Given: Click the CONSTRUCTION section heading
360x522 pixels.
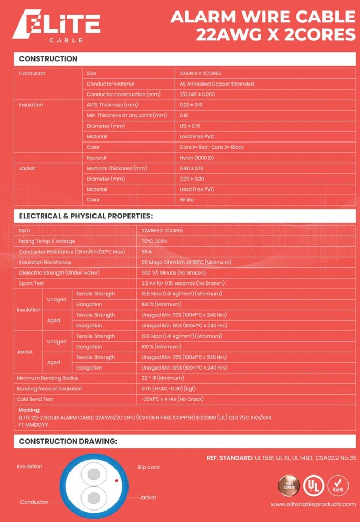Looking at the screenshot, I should (x=48, y=59).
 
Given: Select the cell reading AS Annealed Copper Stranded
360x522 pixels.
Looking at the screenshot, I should (x=216, y=84).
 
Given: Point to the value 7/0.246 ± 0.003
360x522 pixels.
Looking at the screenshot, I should (x=198, y=94).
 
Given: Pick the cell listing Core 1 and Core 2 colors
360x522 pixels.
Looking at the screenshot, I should (x=212, y=147).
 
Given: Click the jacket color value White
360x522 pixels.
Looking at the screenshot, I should (x=187, y=200).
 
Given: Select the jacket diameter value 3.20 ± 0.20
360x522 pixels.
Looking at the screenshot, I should (x=192, y=179).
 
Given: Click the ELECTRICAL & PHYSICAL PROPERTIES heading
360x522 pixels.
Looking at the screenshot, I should (x=86, y=216).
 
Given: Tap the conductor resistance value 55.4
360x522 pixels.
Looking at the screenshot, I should (x=146, y=252).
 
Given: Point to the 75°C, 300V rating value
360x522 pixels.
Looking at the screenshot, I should (x=155, y=241).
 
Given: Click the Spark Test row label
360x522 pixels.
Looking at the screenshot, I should (x=32, y=283).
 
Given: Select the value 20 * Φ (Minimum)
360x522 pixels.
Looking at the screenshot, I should (x=162, y=378).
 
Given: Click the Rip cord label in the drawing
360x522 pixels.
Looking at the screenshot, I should (x=149, y=467).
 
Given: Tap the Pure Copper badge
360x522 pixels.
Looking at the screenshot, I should (x=289, y=487).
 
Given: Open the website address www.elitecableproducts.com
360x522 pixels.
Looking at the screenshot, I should (x=313, y=504).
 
